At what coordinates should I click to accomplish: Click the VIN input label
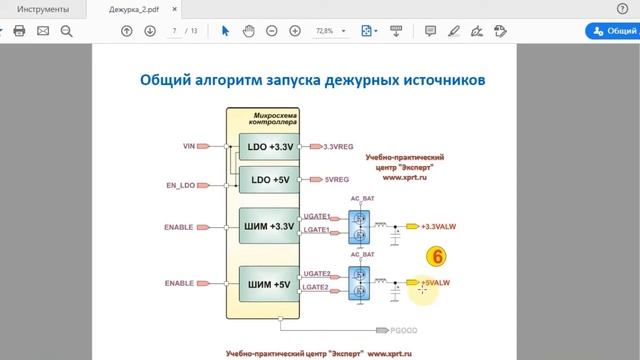(x=188, y=146)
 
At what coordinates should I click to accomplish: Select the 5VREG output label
(x=336, y=180)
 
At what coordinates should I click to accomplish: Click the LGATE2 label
(x=316, y=291)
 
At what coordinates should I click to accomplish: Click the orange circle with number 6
(x=435, y=256)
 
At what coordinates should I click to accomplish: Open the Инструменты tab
(x=37, y=9)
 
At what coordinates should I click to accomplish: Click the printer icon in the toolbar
(x=18, y=31)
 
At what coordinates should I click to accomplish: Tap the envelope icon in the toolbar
(x=43, y=31)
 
